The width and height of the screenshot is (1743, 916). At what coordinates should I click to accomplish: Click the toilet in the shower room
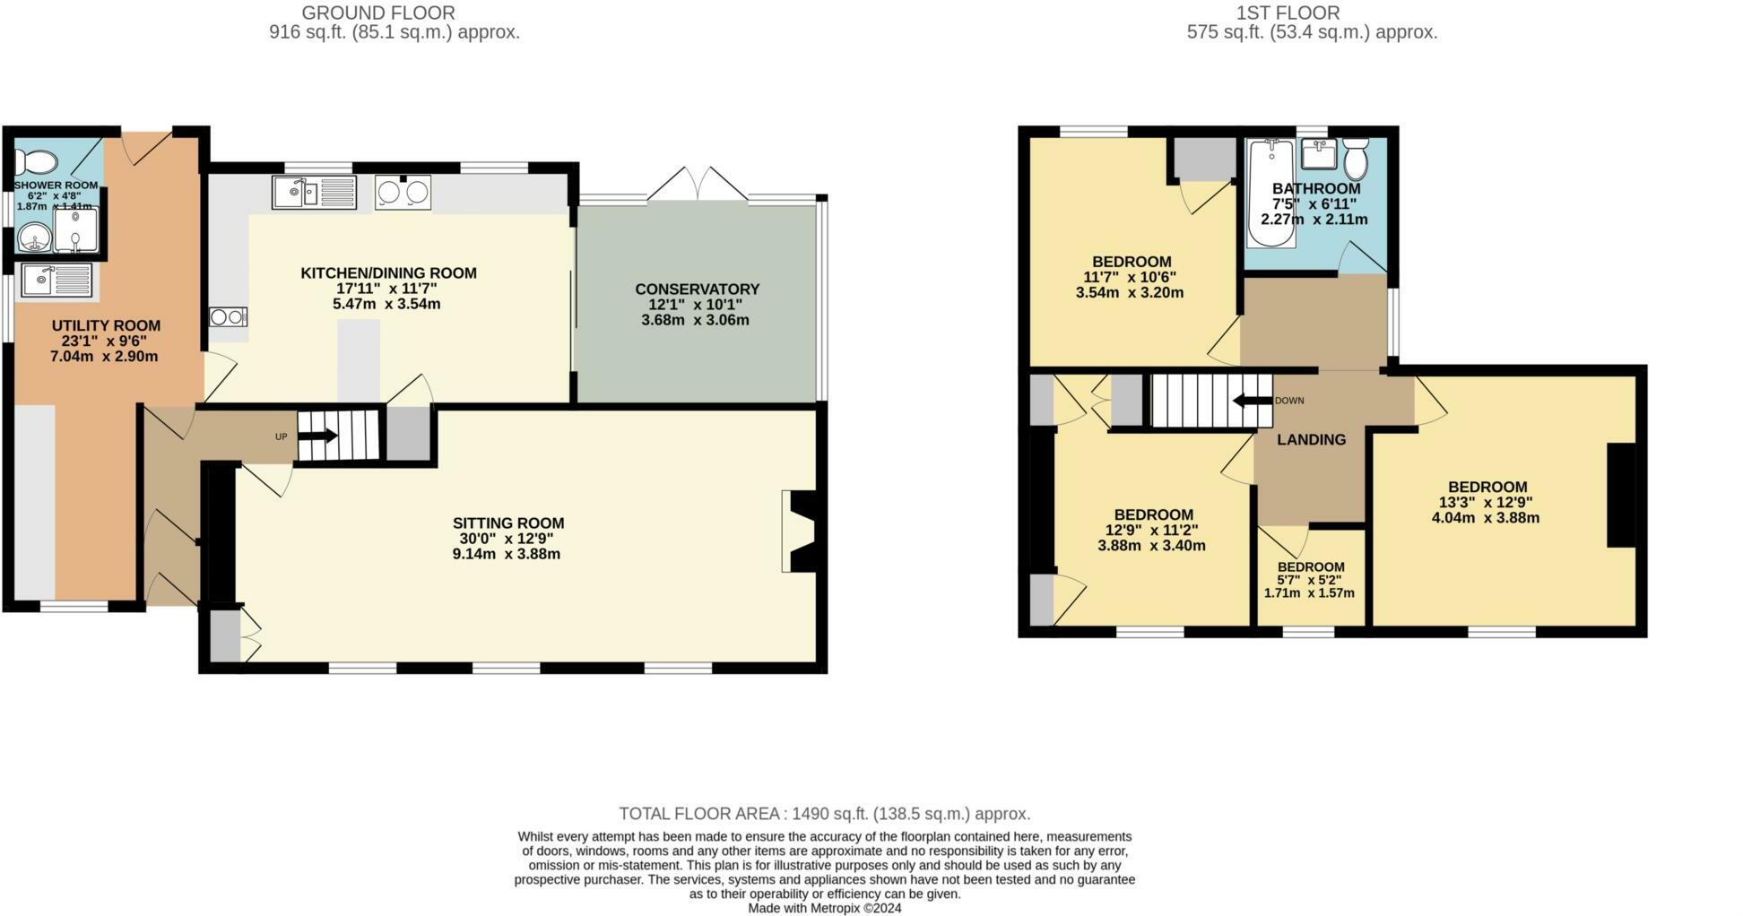(x=37, y=162)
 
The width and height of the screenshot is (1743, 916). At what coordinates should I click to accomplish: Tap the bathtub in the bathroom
(x=1270, y=193)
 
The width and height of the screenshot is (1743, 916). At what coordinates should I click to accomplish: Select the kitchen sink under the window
(x=314, y=192)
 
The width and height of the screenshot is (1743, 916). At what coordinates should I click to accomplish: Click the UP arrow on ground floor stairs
(x=318, y=436)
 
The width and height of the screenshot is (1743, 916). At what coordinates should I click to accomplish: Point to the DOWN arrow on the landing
(x=1253, y=401)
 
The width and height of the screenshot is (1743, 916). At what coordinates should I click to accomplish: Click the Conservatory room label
(x=697, y=289)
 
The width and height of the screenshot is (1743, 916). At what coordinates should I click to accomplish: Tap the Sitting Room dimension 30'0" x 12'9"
(x=507, y=539)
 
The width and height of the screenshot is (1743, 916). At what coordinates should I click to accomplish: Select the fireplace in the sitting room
(x=799, y=531)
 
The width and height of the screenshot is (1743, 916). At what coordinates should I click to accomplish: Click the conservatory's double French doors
(x=698, y=184)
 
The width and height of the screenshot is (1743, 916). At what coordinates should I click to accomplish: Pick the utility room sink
(x=56, y=280)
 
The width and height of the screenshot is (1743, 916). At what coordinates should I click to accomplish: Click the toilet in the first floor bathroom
(x=1355, y=160)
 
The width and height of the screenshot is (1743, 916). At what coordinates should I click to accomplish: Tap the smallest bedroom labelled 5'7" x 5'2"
(x=1310, y=579)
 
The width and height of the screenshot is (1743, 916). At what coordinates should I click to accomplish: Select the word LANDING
(x=1311, y=439)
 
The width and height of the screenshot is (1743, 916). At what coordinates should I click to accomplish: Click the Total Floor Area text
(x=824, y=814)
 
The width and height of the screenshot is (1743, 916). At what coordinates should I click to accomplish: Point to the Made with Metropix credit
(x=824, y=908)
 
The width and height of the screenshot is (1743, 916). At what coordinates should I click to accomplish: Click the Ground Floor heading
(x=377, y=13)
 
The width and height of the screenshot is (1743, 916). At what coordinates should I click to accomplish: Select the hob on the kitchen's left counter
(x=228, y=316)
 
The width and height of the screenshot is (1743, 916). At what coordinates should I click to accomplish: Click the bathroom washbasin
(x=1319, y=155)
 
